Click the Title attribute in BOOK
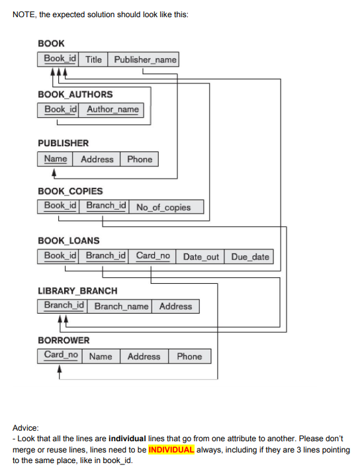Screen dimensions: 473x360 [x=93, y=60]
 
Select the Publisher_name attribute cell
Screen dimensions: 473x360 [x=145, y=60]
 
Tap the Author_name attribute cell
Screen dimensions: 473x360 [x=112, y=109]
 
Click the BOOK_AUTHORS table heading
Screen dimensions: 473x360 [x=75, y=94]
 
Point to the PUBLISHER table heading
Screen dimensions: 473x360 [x=63, y=143]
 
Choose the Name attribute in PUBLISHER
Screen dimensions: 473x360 [x=56, y=159]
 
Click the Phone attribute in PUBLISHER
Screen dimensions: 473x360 [x=139, y=159]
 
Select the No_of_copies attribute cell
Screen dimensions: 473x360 [x=163, y=207]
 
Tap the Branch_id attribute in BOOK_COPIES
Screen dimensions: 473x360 [x=106, y=206]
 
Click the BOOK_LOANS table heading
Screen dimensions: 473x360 [x=69, y=240]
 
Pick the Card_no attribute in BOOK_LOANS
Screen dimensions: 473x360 [x=153, y=256]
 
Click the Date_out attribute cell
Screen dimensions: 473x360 [x=201, y=257]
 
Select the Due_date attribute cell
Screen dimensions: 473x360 [x=250, y=257]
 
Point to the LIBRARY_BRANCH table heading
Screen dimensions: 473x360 [x=77, y=290]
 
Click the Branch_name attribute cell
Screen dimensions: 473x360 [x=121, y=306]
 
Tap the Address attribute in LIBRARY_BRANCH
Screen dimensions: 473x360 [x=175, y=306]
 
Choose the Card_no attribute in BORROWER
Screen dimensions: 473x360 [x=61, y=355]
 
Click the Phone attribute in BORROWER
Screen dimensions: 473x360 [x=189, y=357]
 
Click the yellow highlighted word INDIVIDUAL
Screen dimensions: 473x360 [x=171, y=450]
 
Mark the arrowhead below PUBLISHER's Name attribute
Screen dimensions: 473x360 [x=54, y=175]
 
